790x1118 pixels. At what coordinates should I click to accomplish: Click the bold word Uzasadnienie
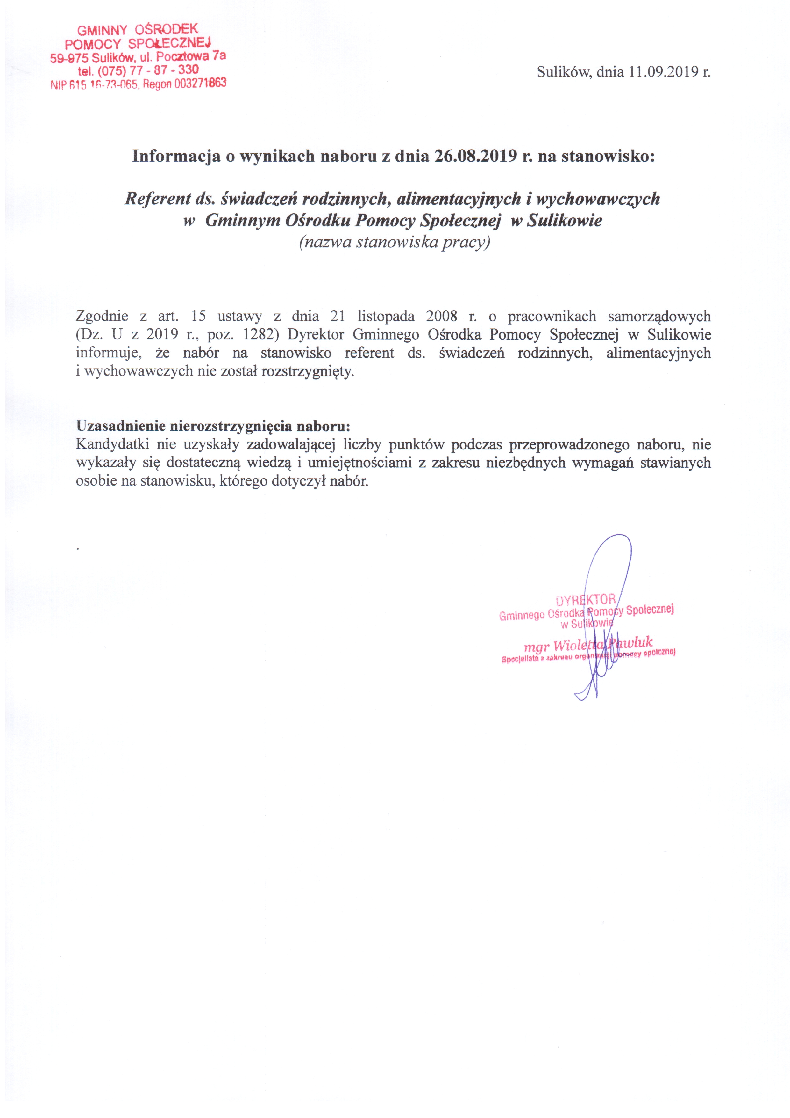(x=122, y=426)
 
